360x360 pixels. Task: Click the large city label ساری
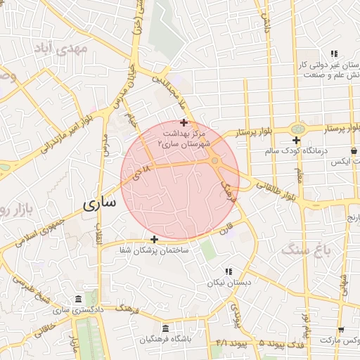(x=98, y=205)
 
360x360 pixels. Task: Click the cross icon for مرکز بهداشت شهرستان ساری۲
(x=184, y=122)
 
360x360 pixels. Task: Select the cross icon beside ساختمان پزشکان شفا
(x=154, y=239)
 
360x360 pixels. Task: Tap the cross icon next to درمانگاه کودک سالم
(x=297, y=140)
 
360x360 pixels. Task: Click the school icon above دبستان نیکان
(x=229, y=271)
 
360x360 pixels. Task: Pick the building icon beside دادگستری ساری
(x=77, y=299)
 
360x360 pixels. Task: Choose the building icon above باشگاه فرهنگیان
(x=165, y=328)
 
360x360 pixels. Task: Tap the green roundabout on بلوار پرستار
(x=299, y=129)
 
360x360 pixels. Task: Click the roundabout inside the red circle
(x=215, y=162)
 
